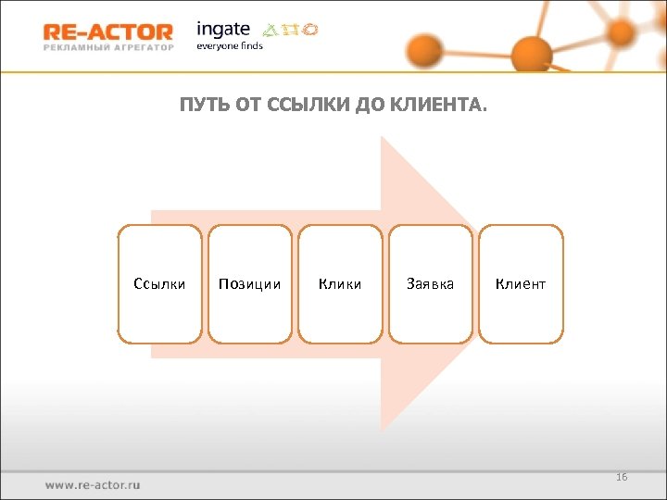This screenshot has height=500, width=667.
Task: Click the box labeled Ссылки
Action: pyautogui.click(x=159, y=284)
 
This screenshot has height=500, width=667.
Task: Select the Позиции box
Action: pyautogui.click(x=249, y=284)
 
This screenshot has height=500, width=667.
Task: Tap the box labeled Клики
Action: pyautogui.click(x=340, y=284)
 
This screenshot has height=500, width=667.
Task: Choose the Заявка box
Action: pyautogui.click(x=430, y=284)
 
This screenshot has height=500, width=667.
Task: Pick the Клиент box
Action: pyautogui.click(x=521, y=284)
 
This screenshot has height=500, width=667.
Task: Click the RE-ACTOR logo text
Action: pyautogui.click(x=107, y=31)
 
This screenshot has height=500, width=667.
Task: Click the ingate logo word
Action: pyautogui.click(x=223, y=28)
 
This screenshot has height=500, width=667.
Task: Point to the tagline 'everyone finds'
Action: pyautogui.click(x=229, y=46)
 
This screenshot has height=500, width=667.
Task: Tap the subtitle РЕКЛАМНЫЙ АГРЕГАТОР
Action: pyautogui.click(x=107, y=47)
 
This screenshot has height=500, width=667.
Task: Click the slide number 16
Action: pyautogui.click(x=622, y=477)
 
